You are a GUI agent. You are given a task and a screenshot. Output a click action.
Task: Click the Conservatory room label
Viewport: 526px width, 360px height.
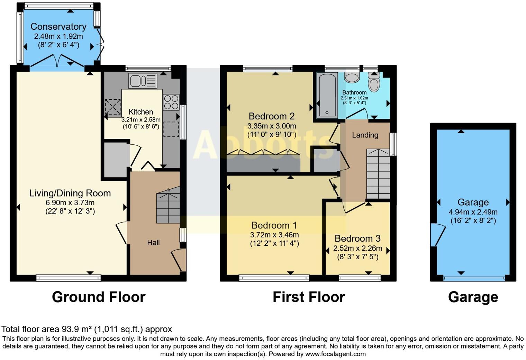(x=58, y=27)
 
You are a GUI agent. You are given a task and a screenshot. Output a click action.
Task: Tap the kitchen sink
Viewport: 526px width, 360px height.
(x=143, y=81)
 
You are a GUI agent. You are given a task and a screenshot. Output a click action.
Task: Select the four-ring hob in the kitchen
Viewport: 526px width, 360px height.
(x=171, y=102)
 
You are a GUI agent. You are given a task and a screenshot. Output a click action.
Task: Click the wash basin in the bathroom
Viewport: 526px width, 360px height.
(x=352, y=78)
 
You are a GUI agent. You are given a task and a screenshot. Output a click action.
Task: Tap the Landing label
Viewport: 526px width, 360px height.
(x=365, y=135)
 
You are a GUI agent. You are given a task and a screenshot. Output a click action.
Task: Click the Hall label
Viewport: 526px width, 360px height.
(x=153, y=243)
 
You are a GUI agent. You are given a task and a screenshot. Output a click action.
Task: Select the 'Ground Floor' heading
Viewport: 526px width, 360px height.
(x=99, y=297)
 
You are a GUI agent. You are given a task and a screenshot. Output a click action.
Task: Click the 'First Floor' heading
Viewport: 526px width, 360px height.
(x=309, y=297)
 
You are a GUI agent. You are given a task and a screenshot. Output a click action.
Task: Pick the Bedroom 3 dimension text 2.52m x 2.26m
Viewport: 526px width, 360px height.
(x=357, y=248)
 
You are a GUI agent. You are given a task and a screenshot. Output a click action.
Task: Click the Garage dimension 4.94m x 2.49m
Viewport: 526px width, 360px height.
(x=473, y=212)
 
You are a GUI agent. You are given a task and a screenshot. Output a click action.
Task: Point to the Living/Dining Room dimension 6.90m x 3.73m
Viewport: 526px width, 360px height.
(x=70, y=202)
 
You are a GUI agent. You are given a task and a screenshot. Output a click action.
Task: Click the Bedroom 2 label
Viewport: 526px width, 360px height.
(x=272, y=116)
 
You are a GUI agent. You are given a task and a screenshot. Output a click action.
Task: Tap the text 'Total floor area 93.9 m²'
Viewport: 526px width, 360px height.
(x=57, y=329)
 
